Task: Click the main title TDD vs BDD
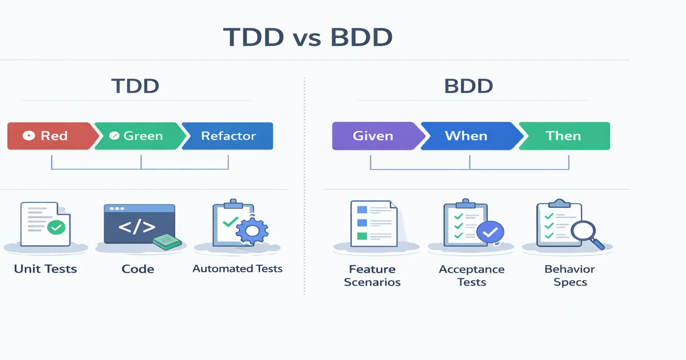click(x=308, y=37)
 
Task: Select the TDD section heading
click(x=135, y=86)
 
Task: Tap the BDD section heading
click(x=468, y=86)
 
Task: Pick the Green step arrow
click(x=139, y=136)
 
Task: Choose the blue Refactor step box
click(x=229, y=136)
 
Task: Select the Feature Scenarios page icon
click(x=373, y=224)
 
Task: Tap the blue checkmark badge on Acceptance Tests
click(x=490, y=232)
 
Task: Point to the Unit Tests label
click(x=45, y=269)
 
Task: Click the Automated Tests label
click(x=238, y=269)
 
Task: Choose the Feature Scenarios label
click(x=372, y=276)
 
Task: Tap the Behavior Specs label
click(x=570, y=276)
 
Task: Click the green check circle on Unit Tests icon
click(x=56, y=227)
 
